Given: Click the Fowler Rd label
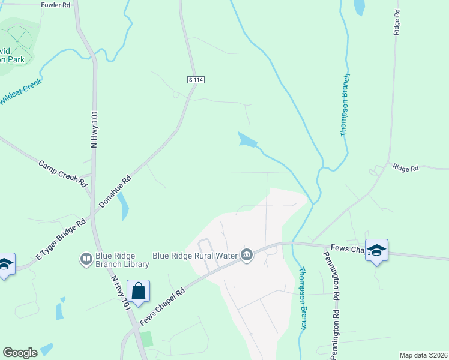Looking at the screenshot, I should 56,4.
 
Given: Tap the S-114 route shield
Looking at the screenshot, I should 192,80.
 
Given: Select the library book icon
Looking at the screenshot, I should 86,259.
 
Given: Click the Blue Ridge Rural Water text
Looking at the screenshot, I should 195,256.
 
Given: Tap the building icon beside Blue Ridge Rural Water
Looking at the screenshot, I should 247,256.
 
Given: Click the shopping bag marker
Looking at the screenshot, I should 139,292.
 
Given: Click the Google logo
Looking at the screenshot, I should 20,353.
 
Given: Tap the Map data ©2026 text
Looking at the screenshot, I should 423,355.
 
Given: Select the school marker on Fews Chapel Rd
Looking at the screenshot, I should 376,250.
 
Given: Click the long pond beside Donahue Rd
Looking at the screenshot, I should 124,206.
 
